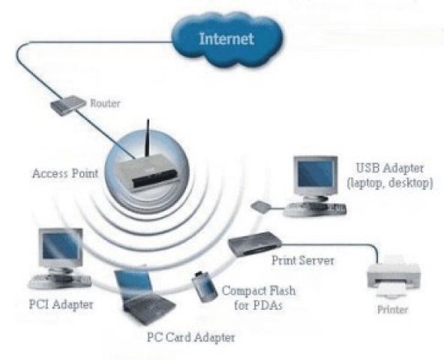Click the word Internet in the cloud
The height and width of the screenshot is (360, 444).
[226, 39]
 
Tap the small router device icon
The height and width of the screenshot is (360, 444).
[67, 105]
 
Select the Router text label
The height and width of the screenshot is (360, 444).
[105, 103]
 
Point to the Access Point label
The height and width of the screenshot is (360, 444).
[65, 173]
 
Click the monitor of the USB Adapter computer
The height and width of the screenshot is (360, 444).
[316, 177]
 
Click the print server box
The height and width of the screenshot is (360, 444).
[254, 243]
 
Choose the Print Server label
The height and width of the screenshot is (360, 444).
[303, 260]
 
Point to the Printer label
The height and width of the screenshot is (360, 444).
[393, 309]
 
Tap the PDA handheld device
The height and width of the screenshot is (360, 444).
[204, 286]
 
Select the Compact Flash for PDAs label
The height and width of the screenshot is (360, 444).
[259, 298]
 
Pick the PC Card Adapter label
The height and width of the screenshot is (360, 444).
[190, 337]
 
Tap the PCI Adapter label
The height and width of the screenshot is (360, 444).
[61, 304]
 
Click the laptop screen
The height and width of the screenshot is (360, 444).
[133, 284]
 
